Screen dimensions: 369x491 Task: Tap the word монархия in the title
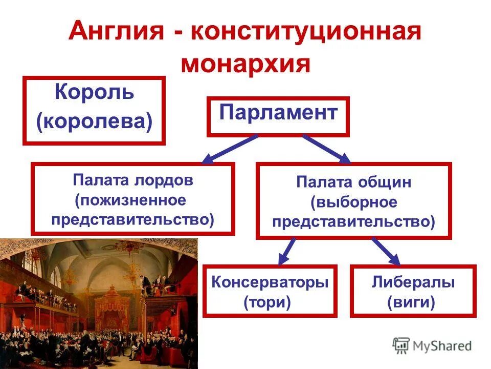tap(245, 65)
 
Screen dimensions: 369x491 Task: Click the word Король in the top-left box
tap(94, 93)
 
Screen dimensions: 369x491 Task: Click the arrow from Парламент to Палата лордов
tap(230, 149)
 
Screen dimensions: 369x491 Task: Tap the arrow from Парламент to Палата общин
tap(326, 149)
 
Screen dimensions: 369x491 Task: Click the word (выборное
tap(353, 202)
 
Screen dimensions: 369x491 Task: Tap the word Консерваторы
tap(270, 282)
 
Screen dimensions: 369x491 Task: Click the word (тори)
tap(267, 302)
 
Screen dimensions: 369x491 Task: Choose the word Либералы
tap(413, 282)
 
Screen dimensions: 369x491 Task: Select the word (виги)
tap(411, 302)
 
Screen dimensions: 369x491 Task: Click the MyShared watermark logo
tap(432, 346)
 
